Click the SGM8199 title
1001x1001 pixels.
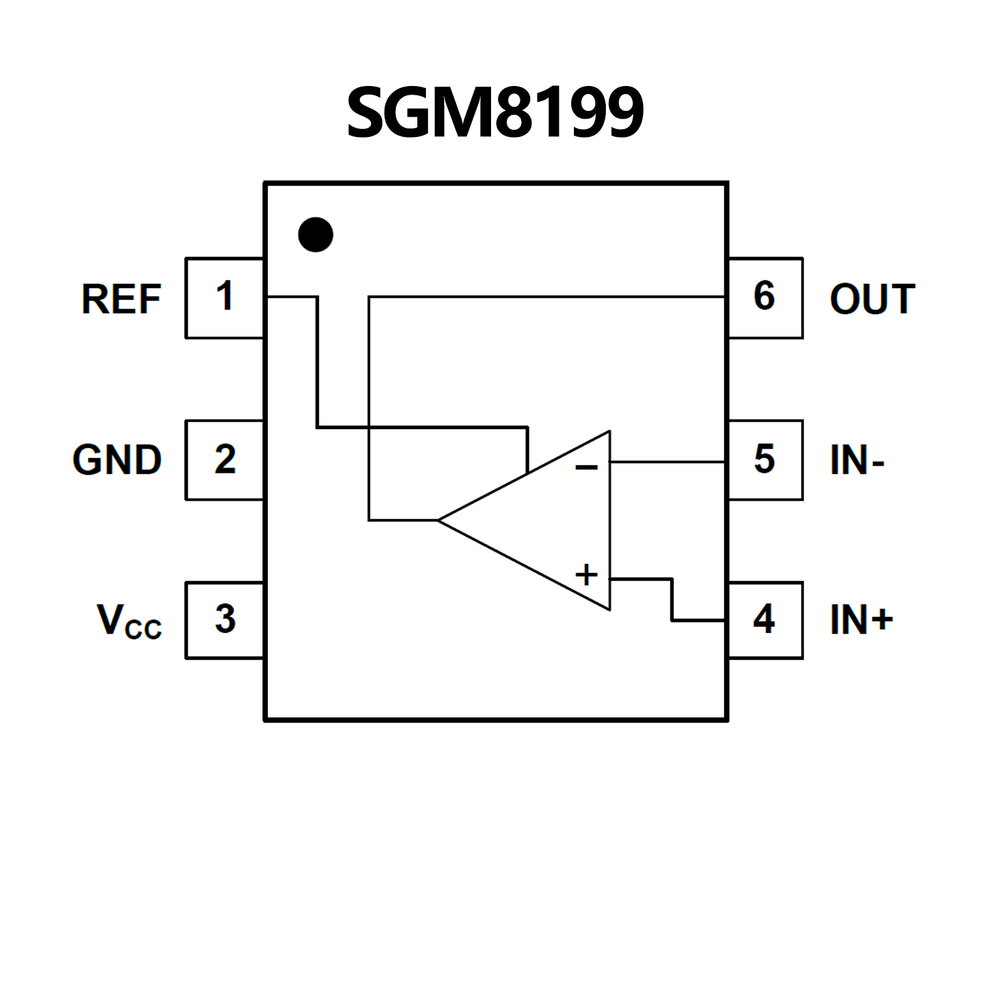496,113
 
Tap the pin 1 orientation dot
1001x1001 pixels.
316,235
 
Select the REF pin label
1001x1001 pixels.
121,299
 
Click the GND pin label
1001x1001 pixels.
117,460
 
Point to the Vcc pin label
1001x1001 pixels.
129,621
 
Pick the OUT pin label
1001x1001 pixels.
872,299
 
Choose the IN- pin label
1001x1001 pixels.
857,460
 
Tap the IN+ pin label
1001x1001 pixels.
861,620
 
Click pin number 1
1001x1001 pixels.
225,296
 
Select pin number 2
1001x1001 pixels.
225,459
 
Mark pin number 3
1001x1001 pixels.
225,619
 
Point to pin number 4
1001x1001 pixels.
764,619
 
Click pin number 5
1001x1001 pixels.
764,459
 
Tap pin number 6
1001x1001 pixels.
764,296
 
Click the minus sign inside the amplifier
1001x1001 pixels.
586,468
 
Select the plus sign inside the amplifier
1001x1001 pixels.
586,575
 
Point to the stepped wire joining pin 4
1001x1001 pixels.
672,600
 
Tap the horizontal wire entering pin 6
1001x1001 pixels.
548,297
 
